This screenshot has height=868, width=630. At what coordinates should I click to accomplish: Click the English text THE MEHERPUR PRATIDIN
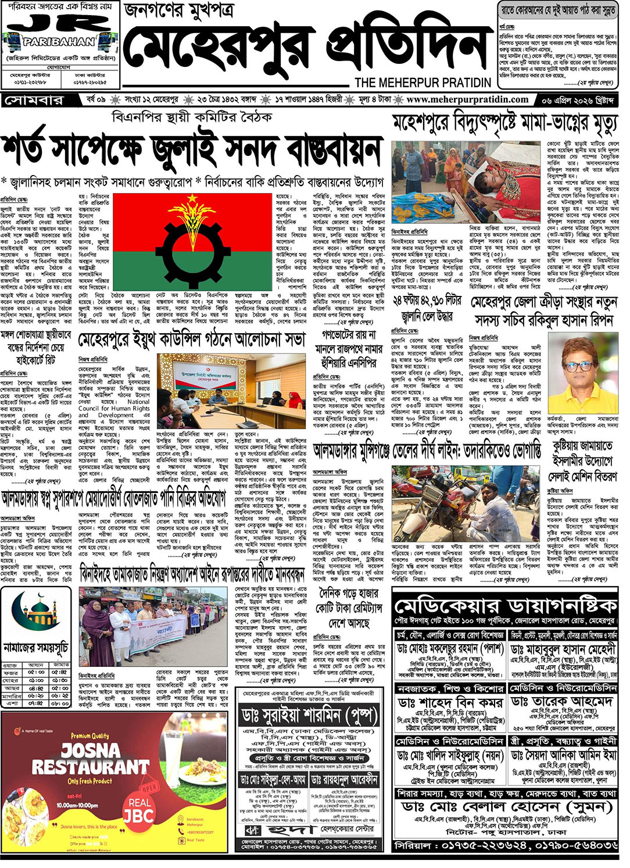pyautogui.click(x=423, y=83)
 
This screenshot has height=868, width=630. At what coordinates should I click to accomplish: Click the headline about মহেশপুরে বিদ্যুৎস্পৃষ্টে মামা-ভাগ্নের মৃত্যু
pyautogui.click(x=504, y=123)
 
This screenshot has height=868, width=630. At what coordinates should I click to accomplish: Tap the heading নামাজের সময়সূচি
pyautogui.click(x=36, y=647)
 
